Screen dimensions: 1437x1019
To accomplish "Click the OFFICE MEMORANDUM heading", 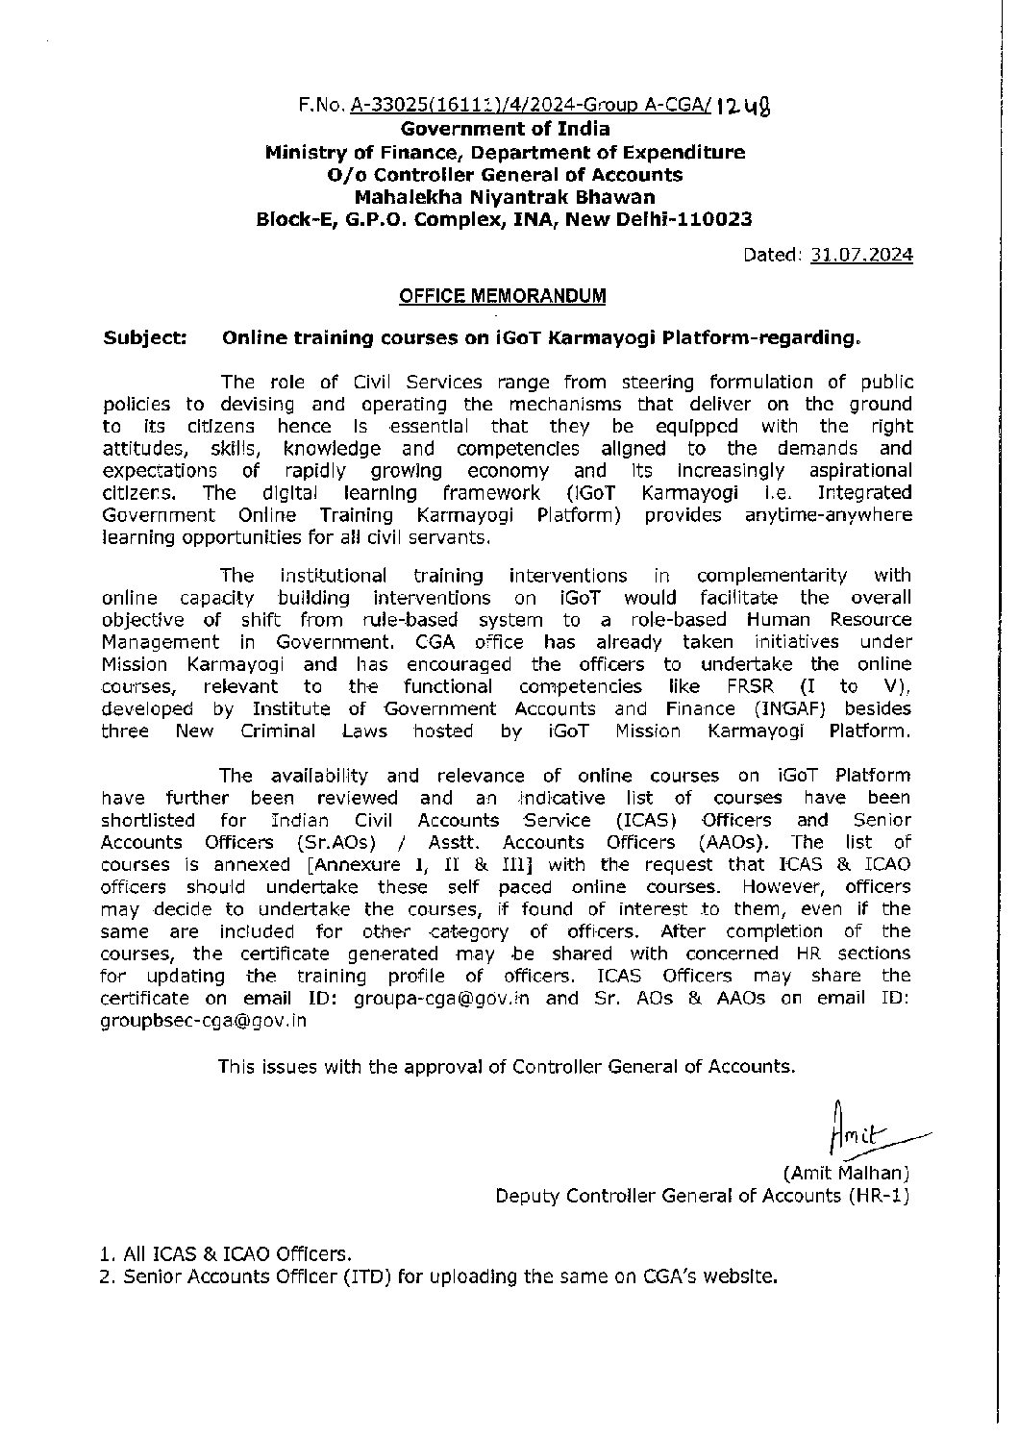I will point(503,295).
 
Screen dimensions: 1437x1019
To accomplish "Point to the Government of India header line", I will point(505,129).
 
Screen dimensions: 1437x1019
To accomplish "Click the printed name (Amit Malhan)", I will point(846,1173).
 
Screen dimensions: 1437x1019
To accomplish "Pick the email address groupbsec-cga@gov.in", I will point(204,1021).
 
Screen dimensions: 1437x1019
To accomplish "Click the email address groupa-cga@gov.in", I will point(441,998).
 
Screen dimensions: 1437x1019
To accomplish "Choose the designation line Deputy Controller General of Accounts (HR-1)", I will point(702,1195).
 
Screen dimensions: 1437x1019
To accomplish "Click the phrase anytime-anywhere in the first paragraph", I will point(828,515).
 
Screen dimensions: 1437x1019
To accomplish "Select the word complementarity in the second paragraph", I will point(772,575).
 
